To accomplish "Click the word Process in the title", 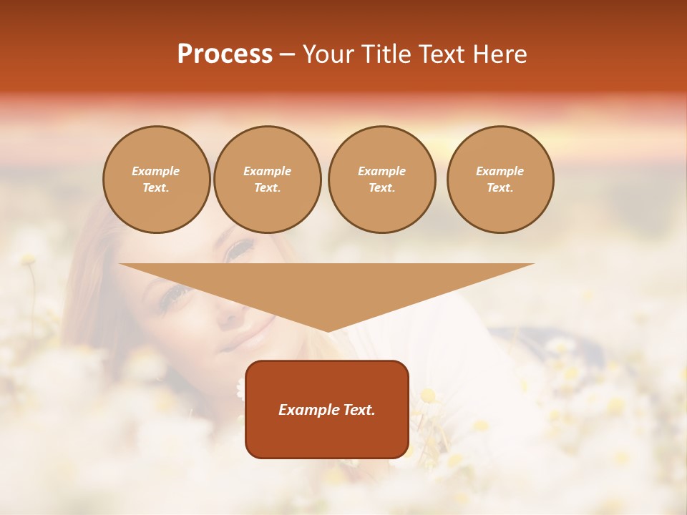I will tap(225, 54).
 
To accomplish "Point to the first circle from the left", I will tap(156, 180).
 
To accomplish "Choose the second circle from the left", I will tap(267, 180).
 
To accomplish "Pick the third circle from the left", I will tap(381, 180).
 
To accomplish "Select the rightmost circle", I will tap(500, 180).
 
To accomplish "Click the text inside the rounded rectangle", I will tap(327, 410).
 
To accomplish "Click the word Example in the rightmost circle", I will tap(500, 171).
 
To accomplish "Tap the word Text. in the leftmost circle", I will tap(156, 188).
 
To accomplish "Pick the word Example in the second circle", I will tap(267, 171).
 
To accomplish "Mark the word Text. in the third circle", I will tap(381, 188).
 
